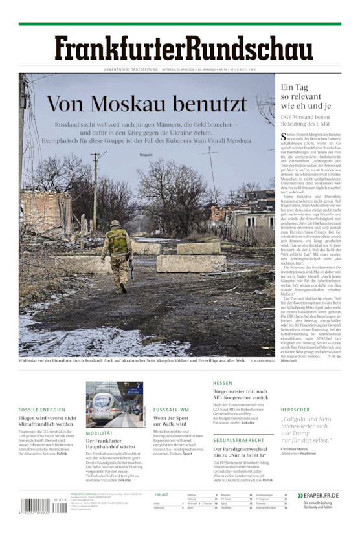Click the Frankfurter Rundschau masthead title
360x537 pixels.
183,49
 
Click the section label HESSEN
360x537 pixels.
222,383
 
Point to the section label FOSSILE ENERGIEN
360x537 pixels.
42,410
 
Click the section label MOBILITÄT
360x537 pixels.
99,433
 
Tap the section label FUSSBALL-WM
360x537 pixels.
171,410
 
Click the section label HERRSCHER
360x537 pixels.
295,410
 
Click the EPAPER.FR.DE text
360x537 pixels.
321,496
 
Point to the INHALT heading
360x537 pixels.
161,494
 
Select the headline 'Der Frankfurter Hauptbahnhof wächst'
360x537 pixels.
111,444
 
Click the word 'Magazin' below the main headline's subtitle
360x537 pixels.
146,155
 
